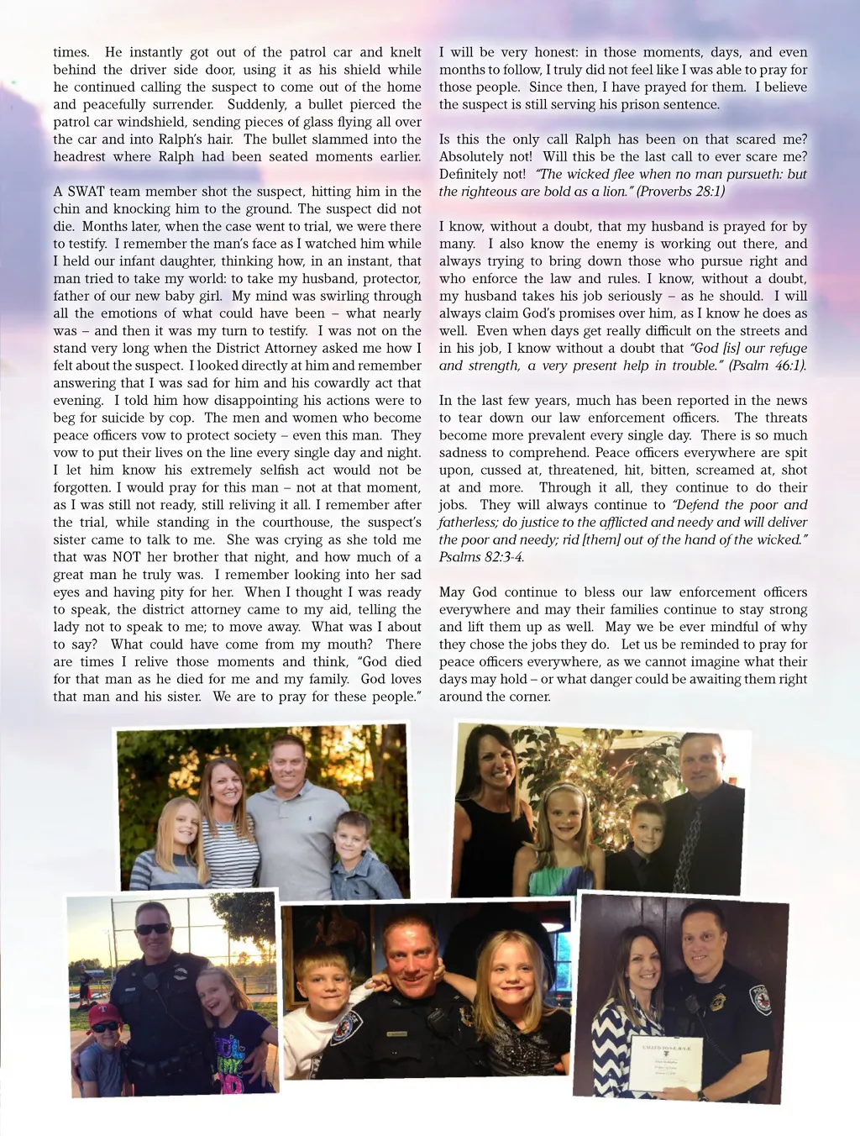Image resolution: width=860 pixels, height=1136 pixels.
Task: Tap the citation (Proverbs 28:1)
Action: tap(680, 192)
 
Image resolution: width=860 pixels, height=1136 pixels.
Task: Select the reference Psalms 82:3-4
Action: tap(481, 557)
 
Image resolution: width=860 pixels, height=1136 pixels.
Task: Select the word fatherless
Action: tap(469, 523)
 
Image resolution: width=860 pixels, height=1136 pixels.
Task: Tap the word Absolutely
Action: tap(475, 157)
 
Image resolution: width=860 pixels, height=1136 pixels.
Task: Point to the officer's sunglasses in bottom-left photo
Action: tap(152, 928)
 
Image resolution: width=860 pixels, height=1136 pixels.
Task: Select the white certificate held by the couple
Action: tap(665, 1062)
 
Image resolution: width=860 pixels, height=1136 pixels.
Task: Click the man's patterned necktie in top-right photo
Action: tap(690, 849)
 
